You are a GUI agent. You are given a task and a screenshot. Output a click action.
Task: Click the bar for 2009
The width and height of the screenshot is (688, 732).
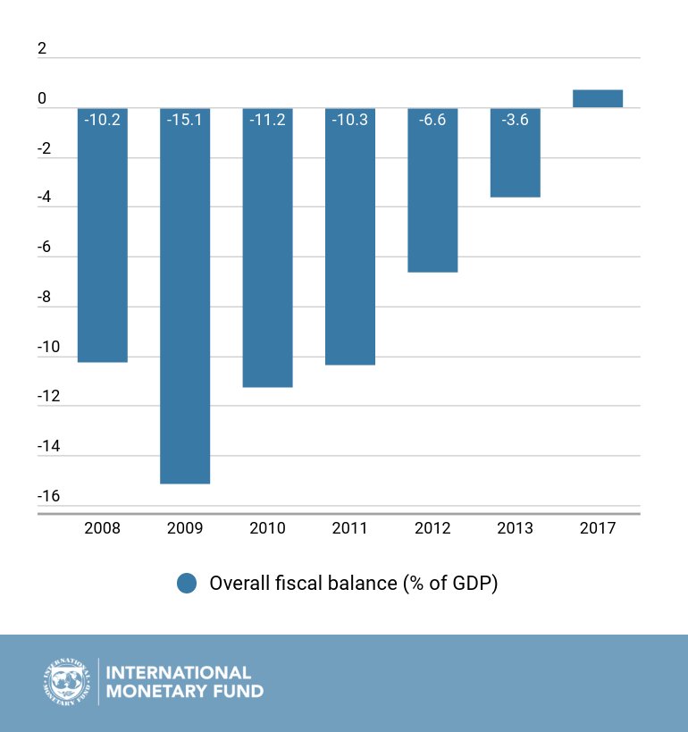185,296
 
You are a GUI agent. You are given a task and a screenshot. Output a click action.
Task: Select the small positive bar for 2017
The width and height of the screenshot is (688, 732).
598,98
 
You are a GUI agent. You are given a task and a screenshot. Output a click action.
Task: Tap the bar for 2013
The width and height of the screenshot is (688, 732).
516,153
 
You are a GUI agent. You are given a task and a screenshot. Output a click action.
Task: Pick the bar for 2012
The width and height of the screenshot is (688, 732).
432,190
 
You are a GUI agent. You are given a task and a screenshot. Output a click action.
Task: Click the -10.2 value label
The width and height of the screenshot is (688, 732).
102,120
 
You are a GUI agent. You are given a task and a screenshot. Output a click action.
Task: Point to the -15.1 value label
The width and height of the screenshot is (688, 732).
185,120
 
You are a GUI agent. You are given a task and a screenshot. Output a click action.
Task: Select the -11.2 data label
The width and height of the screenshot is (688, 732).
267,120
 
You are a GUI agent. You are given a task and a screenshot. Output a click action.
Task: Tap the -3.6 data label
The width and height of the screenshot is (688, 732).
516,120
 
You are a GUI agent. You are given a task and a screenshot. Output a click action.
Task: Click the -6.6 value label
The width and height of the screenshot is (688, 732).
432,120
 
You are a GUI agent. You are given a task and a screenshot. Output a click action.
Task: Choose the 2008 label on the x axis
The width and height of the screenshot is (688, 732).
102,528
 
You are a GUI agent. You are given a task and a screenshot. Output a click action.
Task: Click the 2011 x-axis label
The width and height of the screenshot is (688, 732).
350,528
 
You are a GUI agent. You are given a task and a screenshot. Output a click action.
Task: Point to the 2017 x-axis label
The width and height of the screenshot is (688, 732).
598,528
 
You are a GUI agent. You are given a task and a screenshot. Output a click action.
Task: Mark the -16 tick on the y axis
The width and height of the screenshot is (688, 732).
48,496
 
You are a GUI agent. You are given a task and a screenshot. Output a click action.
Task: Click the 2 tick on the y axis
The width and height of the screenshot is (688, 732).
42,48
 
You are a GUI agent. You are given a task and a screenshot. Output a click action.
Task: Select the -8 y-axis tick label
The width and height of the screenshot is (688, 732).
44,297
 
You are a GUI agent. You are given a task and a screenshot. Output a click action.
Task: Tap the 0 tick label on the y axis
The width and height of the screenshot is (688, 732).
42,98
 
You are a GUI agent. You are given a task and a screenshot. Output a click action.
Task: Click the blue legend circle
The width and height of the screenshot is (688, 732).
187,583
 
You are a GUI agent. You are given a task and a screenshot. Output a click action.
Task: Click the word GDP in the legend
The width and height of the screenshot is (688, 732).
473,583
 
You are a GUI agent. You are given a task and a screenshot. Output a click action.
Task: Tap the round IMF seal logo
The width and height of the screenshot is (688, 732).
67,682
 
